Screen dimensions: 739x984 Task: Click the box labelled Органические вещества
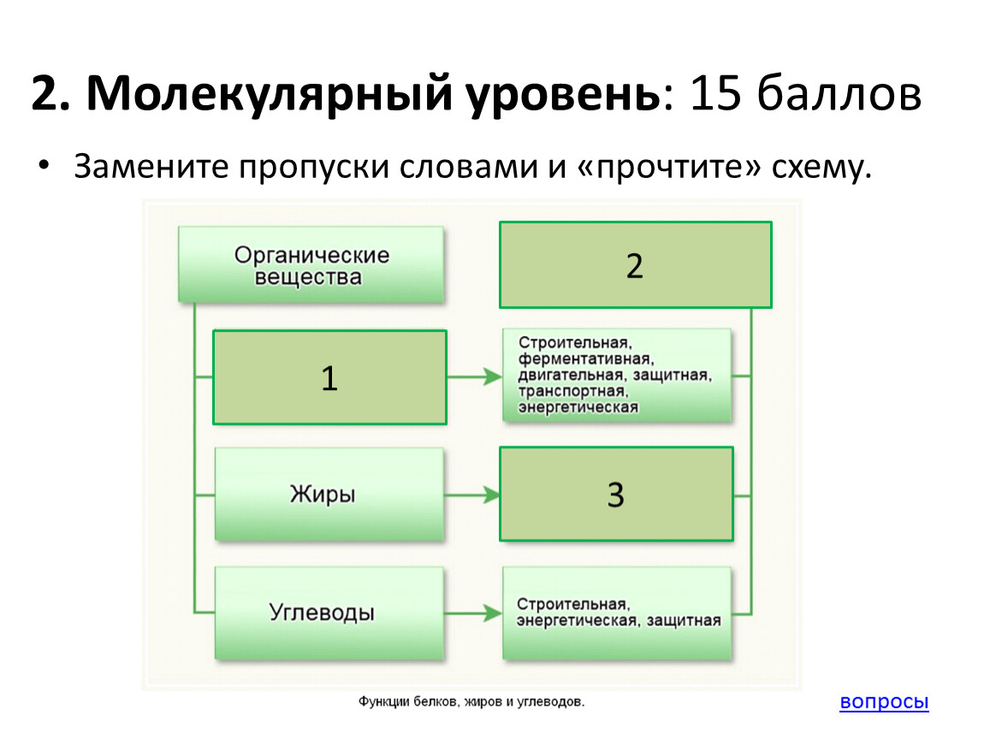(311, 265)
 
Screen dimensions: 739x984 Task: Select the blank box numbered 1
(329, 377)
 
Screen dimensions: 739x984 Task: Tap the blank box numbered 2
(635, 265)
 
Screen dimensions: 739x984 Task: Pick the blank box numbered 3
(616, 494)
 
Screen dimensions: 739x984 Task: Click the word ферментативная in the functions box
(585, 358)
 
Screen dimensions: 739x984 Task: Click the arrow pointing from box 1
(475, 376)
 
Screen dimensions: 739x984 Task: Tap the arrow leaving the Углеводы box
(474, 612)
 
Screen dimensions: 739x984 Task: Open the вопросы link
(884, 702)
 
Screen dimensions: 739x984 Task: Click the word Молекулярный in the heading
(268, 94)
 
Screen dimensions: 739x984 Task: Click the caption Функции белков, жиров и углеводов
(471, 702)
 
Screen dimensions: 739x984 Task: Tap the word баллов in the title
(838, 94)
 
